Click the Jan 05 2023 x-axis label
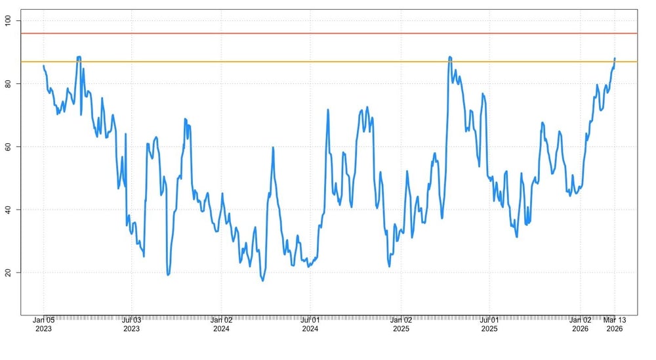pos(43,324)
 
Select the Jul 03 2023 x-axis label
pos(132,324)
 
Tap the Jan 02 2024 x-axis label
pos(221,324)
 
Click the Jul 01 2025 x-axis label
pos(489,324)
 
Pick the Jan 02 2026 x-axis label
pos(580,324)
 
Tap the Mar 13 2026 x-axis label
pos(615,324)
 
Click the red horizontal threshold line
pos(328,33)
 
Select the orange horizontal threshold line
pos(328,62)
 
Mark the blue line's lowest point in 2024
pos(263,281)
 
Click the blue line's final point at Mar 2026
pos(615,58)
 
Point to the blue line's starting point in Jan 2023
pos(43,65)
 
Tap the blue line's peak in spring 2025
pos(450,57)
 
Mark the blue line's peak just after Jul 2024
pos(328,110)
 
